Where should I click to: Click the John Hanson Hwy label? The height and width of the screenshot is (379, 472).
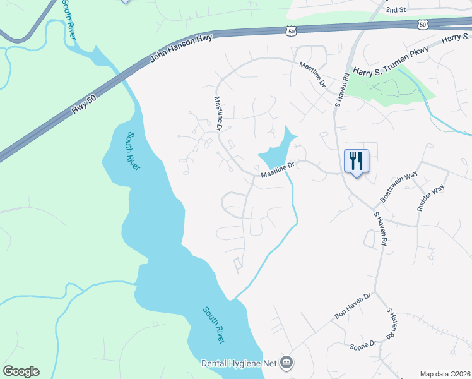click(180, 49)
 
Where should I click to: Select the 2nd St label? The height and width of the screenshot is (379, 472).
click(396, 10)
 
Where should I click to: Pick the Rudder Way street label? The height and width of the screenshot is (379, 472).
click(430, 198)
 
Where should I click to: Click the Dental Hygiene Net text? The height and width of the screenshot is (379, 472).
click(239, 363)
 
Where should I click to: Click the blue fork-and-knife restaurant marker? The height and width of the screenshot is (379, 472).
click(357, 162)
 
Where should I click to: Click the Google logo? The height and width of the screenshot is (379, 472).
click(20, 371)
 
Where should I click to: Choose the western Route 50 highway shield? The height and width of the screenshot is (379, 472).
click(290, 30)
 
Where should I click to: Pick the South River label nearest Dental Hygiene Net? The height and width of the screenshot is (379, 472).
click(214, 324)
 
